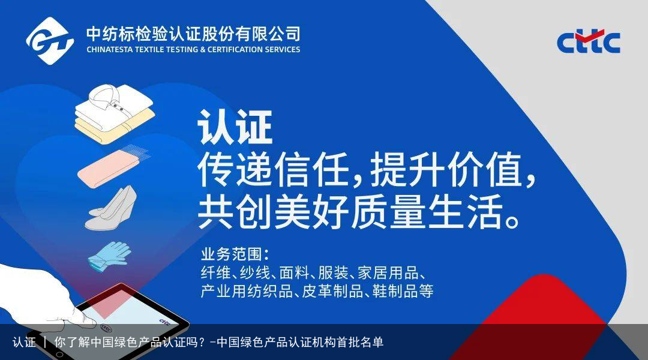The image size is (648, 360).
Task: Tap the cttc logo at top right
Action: [x=588, y=42]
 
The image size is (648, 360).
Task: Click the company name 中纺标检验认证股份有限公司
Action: [x=193, y=32]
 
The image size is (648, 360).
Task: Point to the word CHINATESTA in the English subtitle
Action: [x=110, y=50]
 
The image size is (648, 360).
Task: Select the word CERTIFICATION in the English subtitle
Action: [x=235, y=50]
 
